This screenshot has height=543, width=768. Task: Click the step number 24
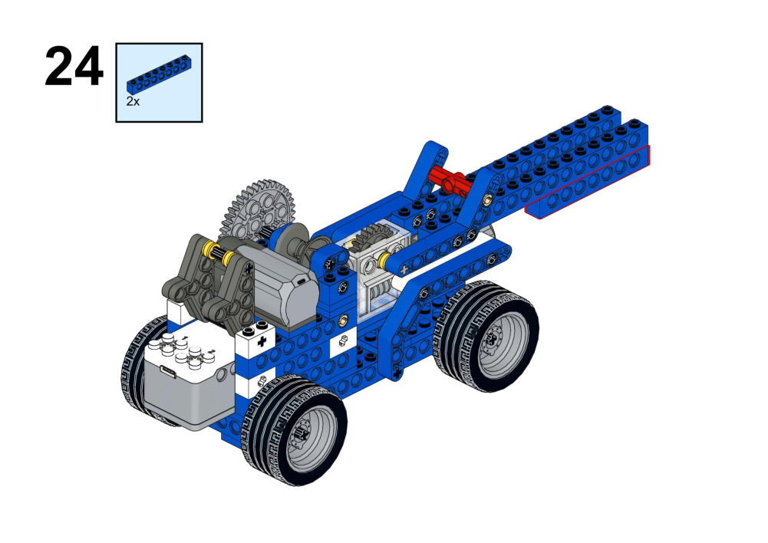(x=74, y=67)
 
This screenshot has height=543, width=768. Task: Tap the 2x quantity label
(x=133, y=101)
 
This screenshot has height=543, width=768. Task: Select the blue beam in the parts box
(x=159, y=74)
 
